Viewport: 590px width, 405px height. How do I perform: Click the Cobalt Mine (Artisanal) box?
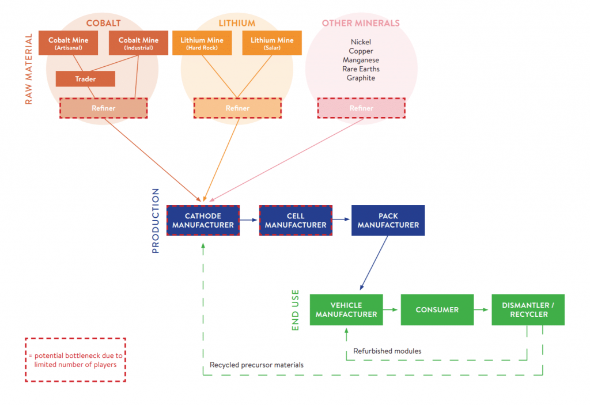point(68,43)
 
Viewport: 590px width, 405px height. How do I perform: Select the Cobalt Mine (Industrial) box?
point(138,43)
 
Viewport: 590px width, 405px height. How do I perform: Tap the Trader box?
point(85,79)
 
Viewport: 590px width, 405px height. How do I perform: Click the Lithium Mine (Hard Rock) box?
point(201,43)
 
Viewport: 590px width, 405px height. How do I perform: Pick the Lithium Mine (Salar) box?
point(272,43)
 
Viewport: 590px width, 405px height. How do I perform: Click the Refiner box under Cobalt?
point(103,108)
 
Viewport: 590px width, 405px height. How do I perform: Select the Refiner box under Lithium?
point(237,108)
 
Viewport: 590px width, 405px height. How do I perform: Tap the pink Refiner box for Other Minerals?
point(361,108)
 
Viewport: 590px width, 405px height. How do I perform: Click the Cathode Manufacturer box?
point(202,221)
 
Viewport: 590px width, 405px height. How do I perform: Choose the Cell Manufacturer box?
point(296,221)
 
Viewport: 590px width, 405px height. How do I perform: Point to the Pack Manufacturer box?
point(388,221)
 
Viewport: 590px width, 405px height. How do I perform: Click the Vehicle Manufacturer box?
point(346,310)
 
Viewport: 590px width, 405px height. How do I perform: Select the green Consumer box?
point(437,310)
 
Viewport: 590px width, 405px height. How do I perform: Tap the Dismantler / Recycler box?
point(528,310)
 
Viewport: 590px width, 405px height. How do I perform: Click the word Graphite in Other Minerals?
point(361,78)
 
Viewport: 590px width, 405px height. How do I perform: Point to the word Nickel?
point(361,42)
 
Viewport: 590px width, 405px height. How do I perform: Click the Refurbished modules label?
point(387,351)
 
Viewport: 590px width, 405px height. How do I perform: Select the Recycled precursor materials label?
point(256,365)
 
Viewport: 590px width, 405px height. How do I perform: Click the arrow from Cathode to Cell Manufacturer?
point(248,220)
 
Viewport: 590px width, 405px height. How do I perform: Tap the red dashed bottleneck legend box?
point(75,359)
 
